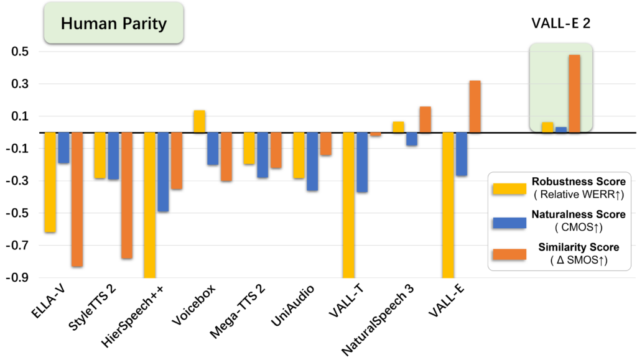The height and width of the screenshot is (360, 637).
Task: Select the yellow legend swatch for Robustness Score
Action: tap(508, 188)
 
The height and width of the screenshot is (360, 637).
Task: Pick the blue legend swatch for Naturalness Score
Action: tap(508, 221)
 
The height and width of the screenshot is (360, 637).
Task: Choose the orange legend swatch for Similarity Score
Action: tap(508, 254)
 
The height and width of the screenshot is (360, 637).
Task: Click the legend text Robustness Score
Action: tap(578, 182)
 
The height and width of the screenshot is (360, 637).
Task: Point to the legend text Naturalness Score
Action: tap(578, 215)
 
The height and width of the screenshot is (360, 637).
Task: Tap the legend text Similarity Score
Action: tap(578, 247)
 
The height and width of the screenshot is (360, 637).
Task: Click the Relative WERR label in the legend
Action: tap(578, 195)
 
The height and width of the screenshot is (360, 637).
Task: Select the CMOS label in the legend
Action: tap(578, 228)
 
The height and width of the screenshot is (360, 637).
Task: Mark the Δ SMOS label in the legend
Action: tap(578, 261)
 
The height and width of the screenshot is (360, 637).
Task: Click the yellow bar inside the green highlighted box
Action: tap(547, 127)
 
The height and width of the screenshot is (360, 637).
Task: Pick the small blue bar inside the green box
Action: tap(561, 129)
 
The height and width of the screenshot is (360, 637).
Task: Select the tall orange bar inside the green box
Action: tap(574, 93)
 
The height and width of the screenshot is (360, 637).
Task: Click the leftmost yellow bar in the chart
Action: tap(50, 182)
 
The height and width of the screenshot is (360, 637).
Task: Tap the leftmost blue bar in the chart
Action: tap(63, 147)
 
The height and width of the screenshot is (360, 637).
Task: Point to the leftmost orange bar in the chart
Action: tap(77, 199)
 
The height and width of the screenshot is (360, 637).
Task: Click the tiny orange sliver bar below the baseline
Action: tap(376, 134)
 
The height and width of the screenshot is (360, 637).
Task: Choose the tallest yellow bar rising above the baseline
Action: tap(199, 121)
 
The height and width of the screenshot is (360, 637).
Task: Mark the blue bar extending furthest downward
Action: tap(163, 172)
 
